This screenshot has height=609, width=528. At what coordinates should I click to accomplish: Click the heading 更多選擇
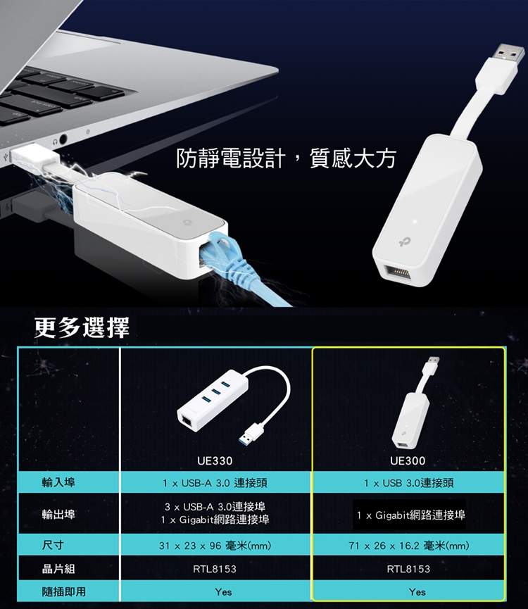click(x=82, y=327)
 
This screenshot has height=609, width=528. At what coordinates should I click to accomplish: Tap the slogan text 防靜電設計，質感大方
click(x=286, y=158)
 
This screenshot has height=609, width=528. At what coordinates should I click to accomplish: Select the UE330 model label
click(x=215, y=460)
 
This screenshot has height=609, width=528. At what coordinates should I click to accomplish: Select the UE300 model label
click(x=408, y=460)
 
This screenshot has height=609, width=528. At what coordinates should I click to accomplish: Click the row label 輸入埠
click(x=58, y=482)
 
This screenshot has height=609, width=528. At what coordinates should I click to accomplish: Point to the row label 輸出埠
click(x=58, y=514)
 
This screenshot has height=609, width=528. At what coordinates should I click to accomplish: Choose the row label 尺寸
click(x=53, y=545)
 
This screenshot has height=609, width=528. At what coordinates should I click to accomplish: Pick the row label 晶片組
click(x=58, y=569)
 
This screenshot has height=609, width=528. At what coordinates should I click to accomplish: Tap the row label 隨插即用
click(x=63, y=591)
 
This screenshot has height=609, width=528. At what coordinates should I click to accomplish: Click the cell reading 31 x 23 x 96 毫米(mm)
click(x=215, y=546)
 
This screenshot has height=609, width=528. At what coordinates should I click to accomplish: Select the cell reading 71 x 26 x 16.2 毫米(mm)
click(x=409, y=546)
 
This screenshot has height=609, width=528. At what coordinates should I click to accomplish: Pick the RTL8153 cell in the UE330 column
click(x=215, y=569)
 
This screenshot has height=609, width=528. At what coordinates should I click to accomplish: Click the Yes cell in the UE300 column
click(x=417, y=592)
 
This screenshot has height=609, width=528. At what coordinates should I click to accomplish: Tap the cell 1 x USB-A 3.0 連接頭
click(x=215, y=483)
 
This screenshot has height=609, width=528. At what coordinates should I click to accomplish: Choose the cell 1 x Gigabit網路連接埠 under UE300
click(x=410, y=515)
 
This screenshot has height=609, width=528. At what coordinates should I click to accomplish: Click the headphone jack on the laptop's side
click(x=62, y=139)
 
